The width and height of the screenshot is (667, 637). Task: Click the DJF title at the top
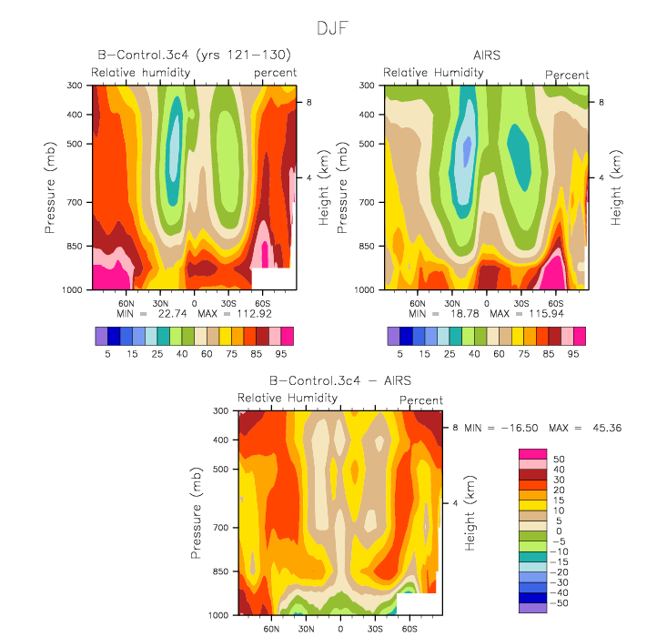tap(333, 28)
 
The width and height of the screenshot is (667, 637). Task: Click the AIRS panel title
tap(487, 56)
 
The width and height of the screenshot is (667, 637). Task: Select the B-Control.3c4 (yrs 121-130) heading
tap(195, 55)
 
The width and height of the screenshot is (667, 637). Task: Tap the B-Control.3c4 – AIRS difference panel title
tap(340, 380)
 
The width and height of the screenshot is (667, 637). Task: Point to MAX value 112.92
tap(254, 314)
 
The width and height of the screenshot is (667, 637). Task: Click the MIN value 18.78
tap(464, 314)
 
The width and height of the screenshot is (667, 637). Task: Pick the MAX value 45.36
tap(607, 428)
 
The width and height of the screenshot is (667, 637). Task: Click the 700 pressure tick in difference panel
tap(221, 528)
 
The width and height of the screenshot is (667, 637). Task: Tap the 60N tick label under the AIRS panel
tap(418, 303)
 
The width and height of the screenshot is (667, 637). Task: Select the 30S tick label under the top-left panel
tap(228, 303)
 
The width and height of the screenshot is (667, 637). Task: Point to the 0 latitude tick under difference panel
tap(340, 629)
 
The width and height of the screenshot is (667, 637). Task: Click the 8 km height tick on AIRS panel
tap(601, 102)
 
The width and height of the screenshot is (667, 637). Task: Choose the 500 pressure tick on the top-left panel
tap(75, 144)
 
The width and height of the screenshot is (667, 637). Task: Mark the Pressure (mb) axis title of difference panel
tap(196, 513)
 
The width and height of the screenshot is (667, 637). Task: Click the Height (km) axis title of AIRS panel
tap(615, 187)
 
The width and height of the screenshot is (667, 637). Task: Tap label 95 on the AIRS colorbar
tap(573, 354)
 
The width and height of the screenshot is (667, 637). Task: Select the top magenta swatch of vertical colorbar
tap(532, 453)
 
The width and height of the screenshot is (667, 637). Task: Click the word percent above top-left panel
tap(275, 73)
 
